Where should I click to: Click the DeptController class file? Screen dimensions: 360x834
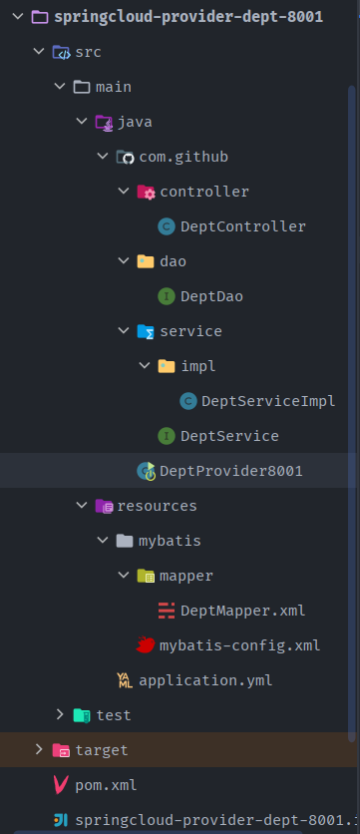coord(243,226)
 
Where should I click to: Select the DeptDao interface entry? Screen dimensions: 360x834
coord(211,296)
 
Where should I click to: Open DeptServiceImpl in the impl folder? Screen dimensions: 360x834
coord(268,401)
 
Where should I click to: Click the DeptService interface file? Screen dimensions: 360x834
coord(229,436)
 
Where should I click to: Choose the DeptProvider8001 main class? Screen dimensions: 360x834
coord(231,471)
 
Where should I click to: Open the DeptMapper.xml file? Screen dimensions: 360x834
coord(243,611)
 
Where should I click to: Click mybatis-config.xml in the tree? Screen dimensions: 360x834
coord(239,645)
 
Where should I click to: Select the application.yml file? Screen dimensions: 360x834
coord(205,680)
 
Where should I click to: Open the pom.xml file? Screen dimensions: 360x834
coord(106,785)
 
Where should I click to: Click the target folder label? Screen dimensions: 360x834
coord(102,750)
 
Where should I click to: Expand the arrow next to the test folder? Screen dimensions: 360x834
coord(60,715)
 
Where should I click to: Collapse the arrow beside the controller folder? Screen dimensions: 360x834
coord(124,191)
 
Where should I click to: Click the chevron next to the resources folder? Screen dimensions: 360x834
coord(82,505)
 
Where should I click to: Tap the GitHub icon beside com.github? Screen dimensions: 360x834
coord(125,157)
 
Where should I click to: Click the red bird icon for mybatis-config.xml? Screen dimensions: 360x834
coord(146,645)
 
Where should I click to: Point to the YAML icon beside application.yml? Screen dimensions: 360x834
coord(125,680)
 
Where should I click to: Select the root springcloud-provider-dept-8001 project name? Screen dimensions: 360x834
coord(188,17)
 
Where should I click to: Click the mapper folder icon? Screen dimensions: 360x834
coord(146,576)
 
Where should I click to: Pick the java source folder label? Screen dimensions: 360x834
coord(135,123)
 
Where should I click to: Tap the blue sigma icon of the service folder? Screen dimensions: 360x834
coord(146,331)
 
